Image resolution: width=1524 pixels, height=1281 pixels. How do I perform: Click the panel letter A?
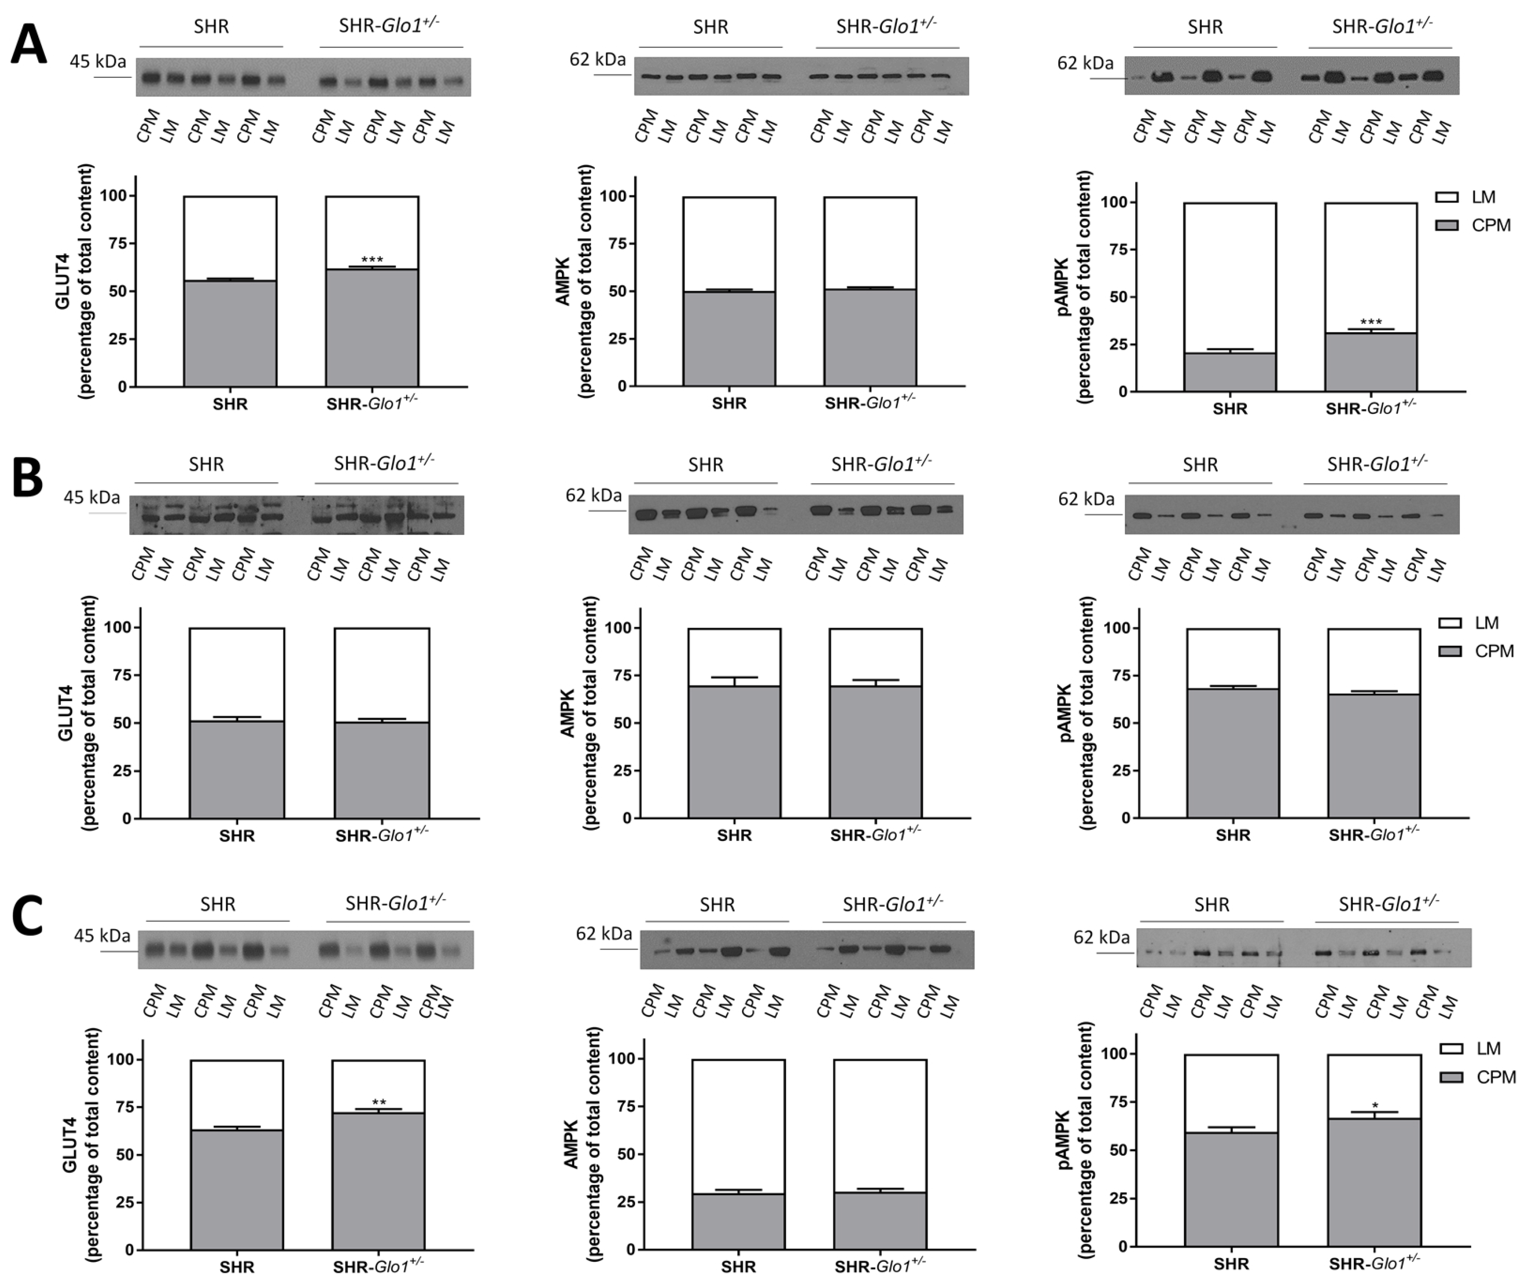(29, 45)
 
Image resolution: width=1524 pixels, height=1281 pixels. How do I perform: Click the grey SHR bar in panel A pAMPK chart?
(1229, 372)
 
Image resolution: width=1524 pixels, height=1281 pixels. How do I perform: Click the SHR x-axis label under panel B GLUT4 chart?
(237, 836)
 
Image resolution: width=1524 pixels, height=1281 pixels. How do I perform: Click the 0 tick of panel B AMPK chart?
(627, 818)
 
